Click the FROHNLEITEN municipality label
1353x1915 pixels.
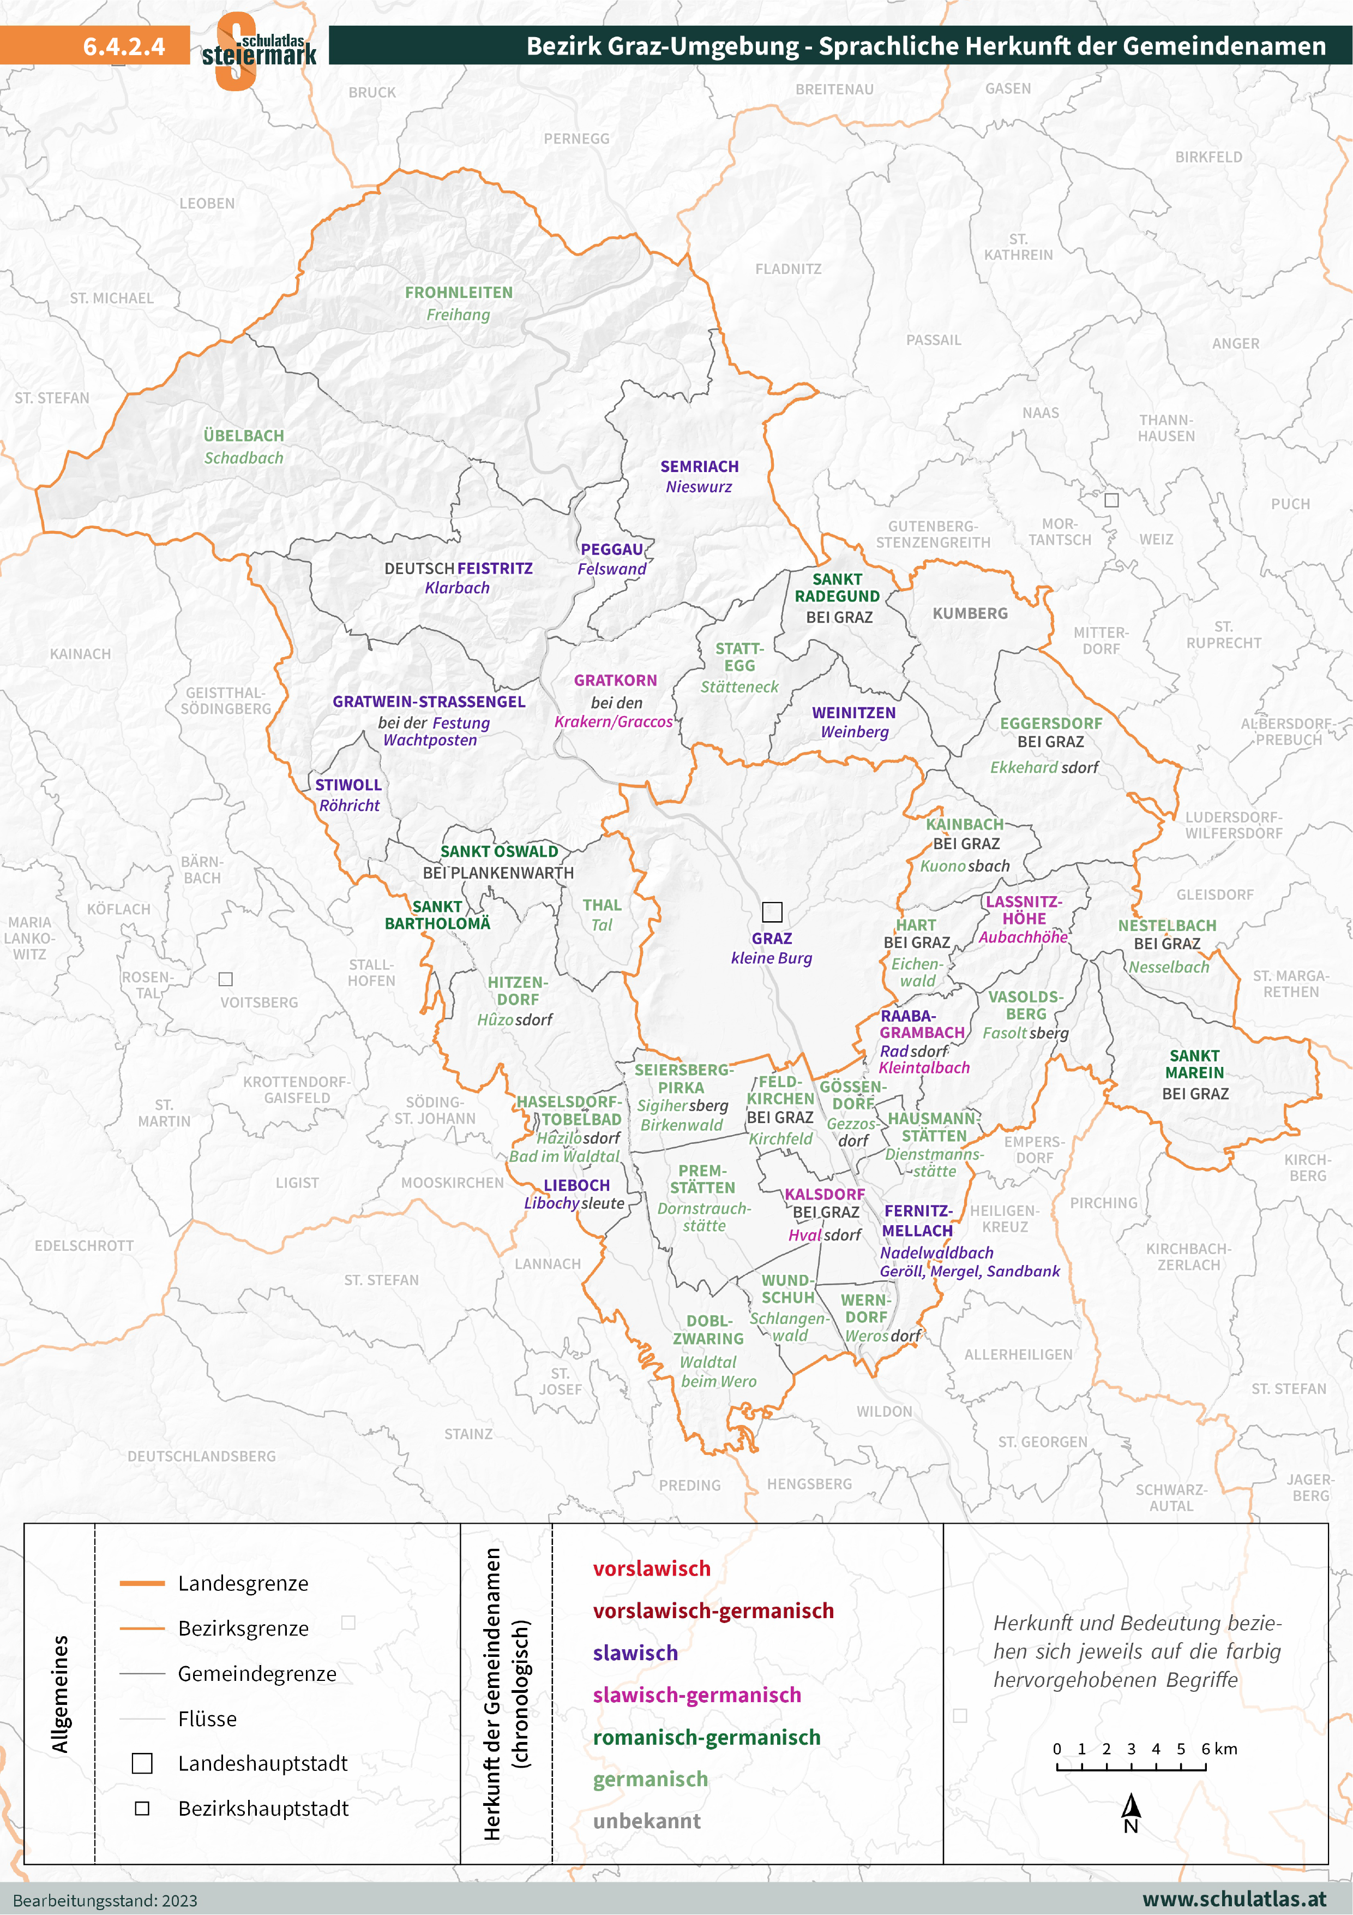pyautogui.click(x=459, y=293)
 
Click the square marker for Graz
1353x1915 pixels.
pyautogui.click(x=772, y=911)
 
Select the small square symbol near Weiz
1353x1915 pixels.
pyautogui.click(x=1111, y=500)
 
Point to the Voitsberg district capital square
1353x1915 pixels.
pyautogui.click(x=225, y=979)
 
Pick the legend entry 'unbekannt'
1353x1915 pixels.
pyautogui.click(x=646, y=1821)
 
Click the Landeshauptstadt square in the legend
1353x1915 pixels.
pyautogui.click(x=142, y=1763)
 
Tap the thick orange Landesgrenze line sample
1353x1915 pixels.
pyautogui.click(x=142, y=1583)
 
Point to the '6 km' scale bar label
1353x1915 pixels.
pyautogui.click(x=1219, y=1748)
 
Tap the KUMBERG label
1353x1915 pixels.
pyautogui.click(x=970, y=613)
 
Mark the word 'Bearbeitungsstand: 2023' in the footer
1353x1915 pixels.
pyautogui.click(x=105, y=1900)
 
